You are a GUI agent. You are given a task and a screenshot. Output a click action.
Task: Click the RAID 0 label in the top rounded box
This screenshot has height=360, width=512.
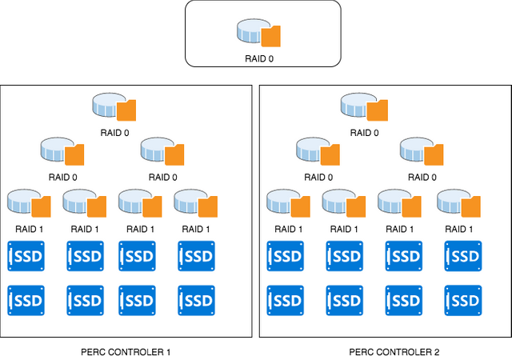point(263,58)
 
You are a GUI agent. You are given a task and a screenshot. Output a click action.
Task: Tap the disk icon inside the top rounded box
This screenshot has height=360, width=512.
point(253,31)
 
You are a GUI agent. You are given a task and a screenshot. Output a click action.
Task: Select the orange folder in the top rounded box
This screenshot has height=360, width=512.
point(272,36)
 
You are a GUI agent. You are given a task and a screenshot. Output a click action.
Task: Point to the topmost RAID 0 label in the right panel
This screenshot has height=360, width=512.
point(363,133)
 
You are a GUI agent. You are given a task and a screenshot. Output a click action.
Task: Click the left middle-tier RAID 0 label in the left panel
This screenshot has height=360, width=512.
point(62,177)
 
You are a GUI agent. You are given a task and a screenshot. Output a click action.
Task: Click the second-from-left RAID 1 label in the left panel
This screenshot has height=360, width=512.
point(85,229)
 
